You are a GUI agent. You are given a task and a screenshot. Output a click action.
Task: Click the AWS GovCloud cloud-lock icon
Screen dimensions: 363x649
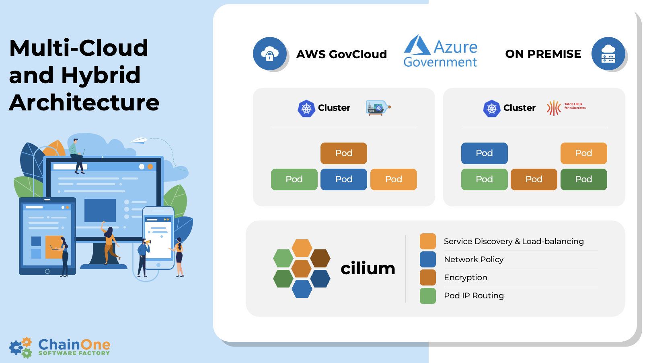coord(270,54)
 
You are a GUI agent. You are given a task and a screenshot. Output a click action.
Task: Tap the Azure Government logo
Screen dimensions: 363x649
coord(440,52)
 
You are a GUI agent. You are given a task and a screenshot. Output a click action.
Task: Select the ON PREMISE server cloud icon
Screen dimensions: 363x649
coord(608,54)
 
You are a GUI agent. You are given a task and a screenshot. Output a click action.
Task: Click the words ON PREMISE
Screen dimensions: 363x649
coord(543,54)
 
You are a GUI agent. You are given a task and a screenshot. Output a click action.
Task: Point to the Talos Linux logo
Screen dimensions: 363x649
coord(566,108)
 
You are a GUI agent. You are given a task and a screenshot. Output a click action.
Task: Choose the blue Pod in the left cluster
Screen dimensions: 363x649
coord(344,179)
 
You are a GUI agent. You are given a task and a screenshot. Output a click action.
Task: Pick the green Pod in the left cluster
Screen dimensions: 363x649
coord(294,179)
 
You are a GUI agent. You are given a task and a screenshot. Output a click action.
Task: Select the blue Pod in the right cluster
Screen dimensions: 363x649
coord(484,153)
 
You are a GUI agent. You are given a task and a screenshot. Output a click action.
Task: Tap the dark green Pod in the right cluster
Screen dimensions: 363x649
coord(583,179)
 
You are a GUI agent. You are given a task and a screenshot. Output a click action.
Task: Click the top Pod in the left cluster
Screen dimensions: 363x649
coord(344,153)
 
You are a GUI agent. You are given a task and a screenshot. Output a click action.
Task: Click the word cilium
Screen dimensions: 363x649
coord(368,268)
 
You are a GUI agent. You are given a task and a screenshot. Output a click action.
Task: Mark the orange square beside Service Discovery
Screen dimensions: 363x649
coord(428,241)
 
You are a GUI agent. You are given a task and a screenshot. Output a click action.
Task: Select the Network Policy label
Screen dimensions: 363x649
coord(474,259)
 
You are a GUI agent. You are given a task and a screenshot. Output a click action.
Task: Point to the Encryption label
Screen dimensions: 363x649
coord(466,277)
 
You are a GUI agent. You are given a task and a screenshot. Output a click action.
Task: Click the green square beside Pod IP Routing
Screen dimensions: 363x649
coord(428,296)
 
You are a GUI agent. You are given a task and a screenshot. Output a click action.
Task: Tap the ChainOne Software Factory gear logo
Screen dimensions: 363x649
coord(21,347)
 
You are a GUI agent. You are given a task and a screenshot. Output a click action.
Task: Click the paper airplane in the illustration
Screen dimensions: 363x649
coord(139,140)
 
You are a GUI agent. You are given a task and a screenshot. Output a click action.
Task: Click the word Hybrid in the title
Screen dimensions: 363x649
coord(101,75)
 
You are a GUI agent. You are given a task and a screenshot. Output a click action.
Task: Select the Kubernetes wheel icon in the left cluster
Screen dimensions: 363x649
coord(306,108)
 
